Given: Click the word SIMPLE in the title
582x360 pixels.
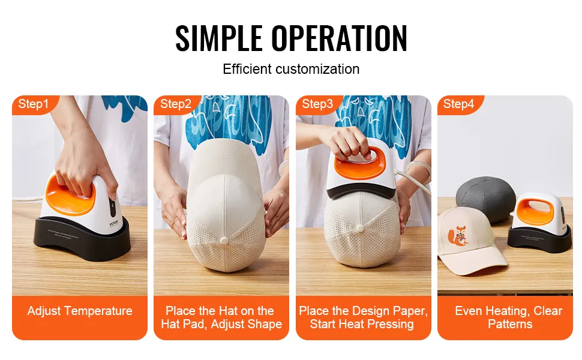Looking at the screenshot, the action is (218, 38).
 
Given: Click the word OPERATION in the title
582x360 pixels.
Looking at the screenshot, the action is (339, 38).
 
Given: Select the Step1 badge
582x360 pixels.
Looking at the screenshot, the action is (35, 104).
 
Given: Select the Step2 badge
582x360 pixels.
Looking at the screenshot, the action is (176, 104).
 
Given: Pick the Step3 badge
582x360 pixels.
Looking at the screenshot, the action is (318, 104).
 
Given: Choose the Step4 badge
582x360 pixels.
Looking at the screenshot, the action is (460, 104).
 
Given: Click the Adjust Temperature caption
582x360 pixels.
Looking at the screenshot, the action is (80, 311).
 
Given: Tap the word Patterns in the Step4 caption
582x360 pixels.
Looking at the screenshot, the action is (510, 324).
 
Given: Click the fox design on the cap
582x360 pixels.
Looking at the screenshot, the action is (458, 236).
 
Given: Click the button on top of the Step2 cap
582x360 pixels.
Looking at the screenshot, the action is (224, 241).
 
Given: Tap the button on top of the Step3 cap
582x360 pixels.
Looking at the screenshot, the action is (359, 228).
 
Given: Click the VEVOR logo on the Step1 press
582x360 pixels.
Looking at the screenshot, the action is (113, 223).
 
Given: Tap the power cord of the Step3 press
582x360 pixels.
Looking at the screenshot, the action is (412, 180).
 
